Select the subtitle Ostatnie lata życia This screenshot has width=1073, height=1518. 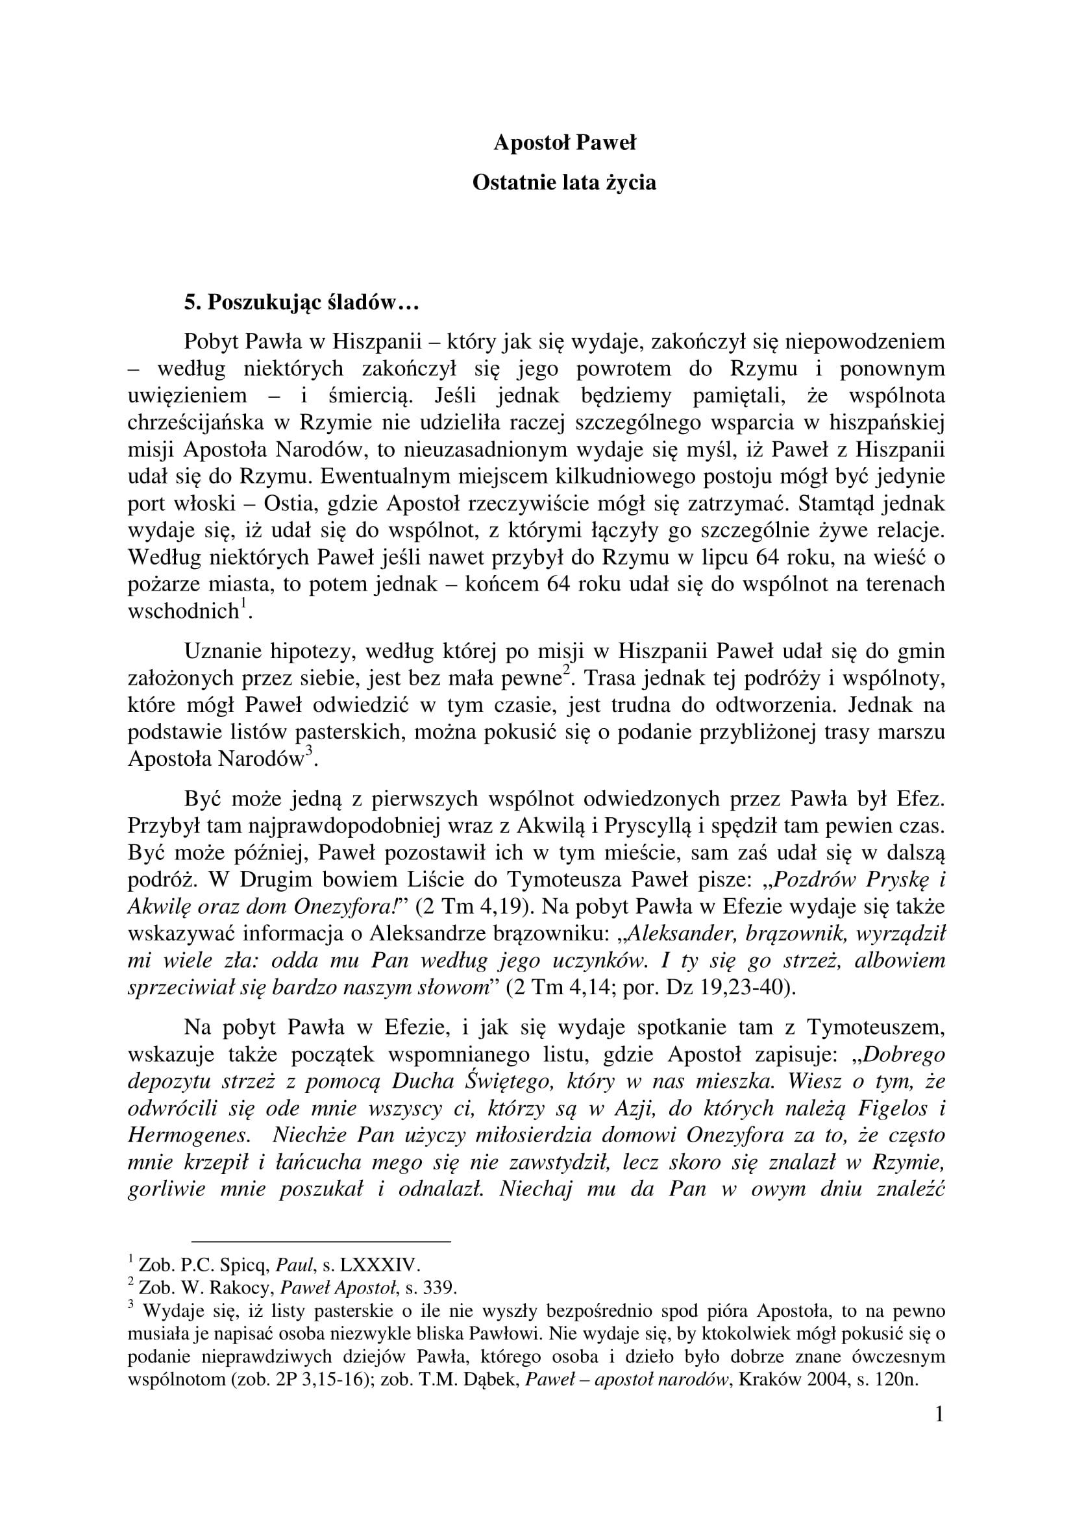pyautogui.click(x=564, y=182)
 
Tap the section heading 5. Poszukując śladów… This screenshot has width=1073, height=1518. pyautogui.click(x=301, y=303)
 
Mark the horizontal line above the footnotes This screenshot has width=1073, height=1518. pyautogui.click(x=321, y=1241)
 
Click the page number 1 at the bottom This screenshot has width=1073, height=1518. pyautogui.click(x=939, y=1414)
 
